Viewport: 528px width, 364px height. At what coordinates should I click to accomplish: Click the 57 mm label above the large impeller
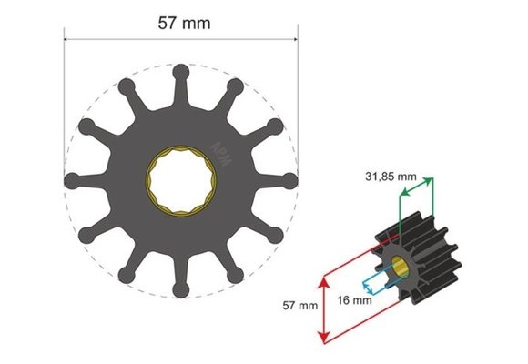(181, 23)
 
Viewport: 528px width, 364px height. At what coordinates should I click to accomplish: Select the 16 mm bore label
(353, 298)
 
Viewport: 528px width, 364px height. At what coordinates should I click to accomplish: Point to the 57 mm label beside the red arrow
(300, 307)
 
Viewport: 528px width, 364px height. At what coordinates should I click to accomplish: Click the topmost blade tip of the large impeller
(181, 69)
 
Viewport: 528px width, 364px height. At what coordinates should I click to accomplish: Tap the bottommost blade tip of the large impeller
(181, 290)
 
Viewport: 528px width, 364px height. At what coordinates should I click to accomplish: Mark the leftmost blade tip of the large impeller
(70, 179)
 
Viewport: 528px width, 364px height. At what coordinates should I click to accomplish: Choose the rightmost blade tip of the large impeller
(291, 179)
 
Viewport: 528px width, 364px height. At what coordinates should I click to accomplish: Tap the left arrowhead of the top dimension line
(66, 39)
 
